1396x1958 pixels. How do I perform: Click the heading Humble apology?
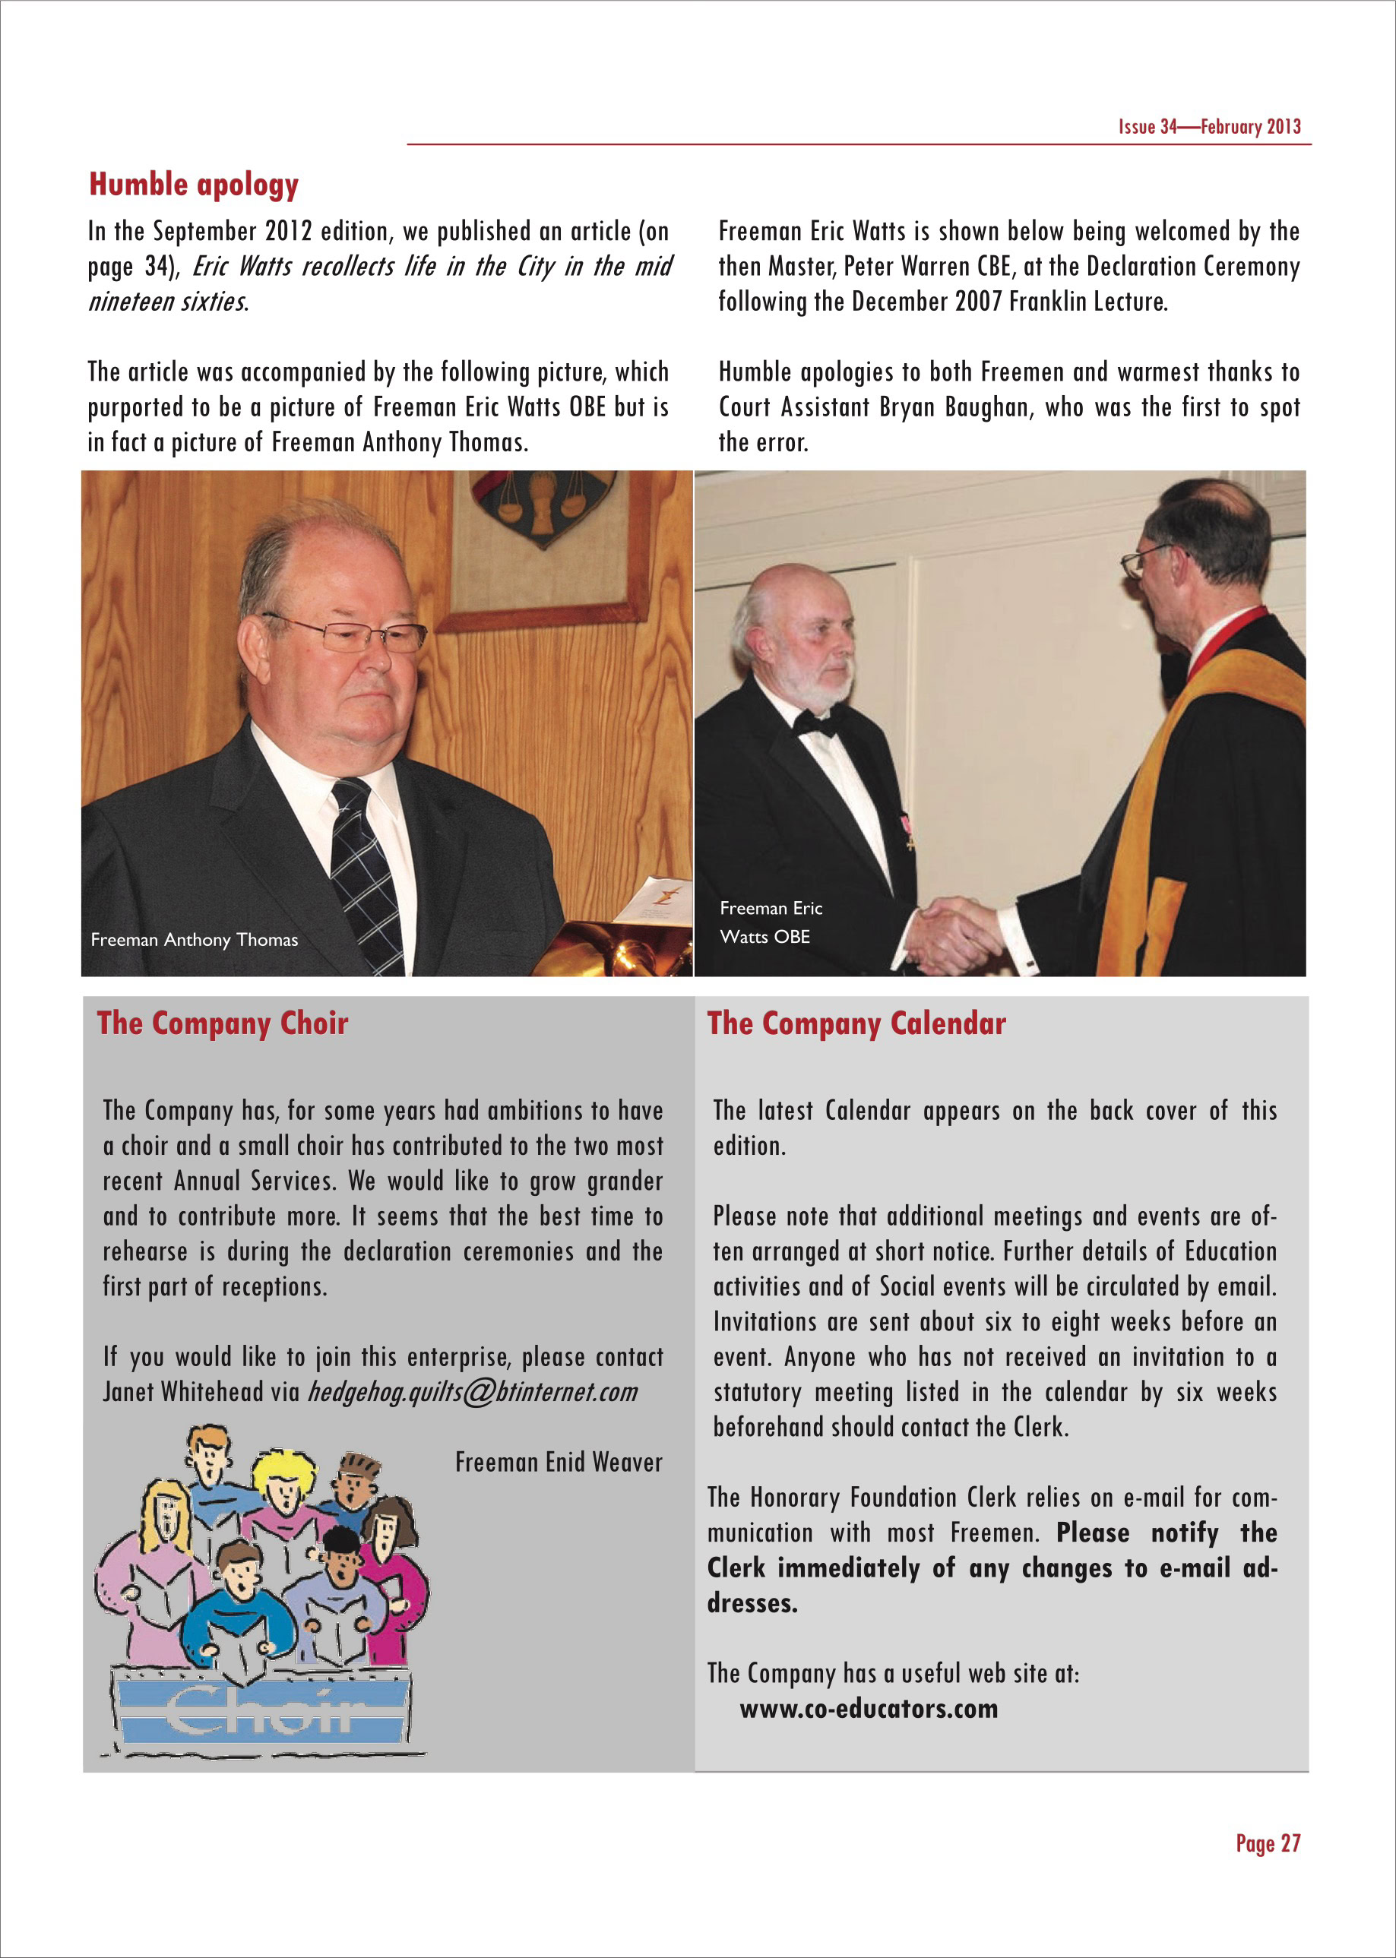pyautogui.click(x=194, y=185)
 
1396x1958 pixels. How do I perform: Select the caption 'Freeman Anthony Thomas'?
pyautogui.click(x=195, y=939)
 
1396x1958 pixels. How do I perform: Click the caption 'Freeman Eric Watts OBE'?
pyautogui.click(x=771, y=922)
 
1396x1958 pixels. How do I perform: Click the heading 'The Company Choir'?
pyautogui.click(x=222, y=1023)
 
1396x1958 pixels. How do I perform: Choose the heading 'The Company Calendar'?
pyautogui.click(x=856, y=1023)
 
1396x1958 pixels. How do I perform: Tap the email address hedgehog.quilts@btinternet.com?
pyautogui.click(x=472, y=1392)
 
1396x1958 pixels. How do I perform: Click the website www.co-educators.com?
pyautogui.click(x=868, y=1709)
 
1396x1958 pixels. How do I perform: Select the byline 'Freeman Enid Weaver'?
pyautogui.click(x=559, y=1462)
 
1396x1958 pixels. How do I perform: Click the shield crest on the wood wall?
pyautogui.click(x=543, y=505)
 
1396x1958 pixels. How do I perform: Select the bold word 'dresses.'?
pyautogui.click(x=752, y=1603)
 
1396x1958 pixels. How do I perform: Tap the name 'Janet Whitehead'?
pyautogui.click(x=182, y=1392)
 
